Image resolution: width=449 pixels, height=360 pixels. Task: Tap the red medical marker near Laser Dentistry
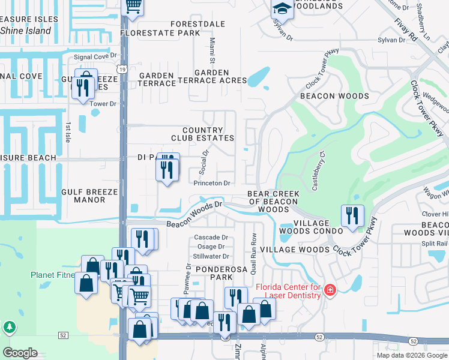(330, 290)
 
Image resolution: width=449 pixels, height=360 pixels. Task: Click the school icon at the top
(281, 8)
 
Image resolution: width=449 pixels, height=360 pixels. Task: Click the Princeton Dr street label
(212, 183)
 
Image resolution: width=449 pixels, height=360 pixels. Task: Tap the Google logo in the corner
(20, 352)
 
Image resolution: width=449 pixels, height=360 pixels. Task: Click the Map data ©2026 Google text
(412, 355)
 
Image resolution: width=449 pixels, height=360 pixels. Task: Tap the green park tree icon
(9, 327)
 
